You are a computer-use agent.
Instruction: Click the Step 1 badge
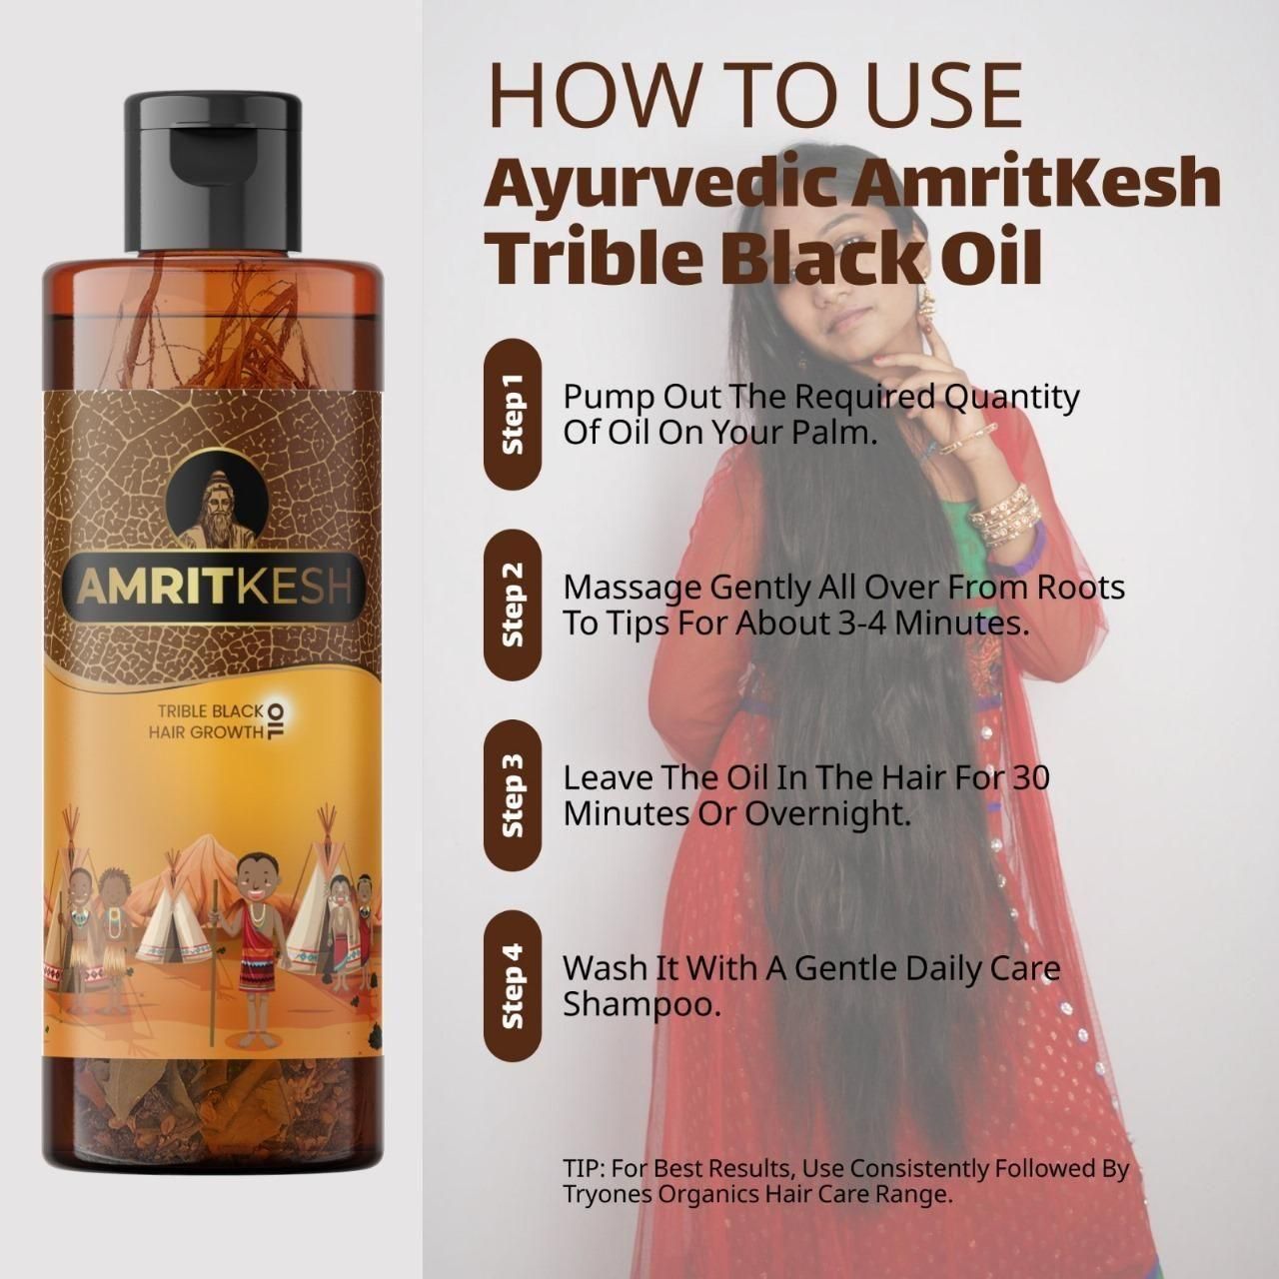[x=513, y=416]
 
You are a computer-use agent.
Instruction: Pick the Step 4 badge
[x=513, y=986]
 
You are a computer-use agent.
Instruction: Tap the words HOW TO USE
[x=754, y=94]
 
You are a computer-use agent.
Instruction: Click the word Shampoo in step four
[x=640, y=1004]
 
